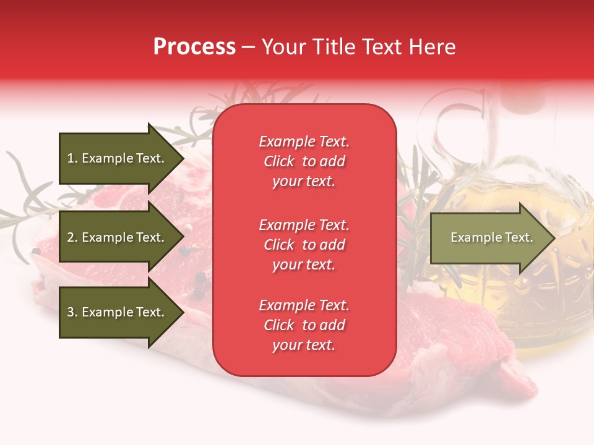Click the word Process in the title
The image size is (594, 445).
(x=194, y=47)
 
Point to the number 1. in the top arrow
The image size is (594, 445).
(x=72, y=158)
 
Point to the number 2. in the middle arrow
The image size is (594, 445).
(x=72, y=237)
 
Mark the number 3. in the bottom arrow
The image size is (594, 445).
(x=72, y=312)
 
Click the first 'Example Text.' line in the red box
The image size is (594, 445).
(x=304, y=142)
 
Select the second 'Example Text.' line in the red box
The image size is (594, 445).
(x=304, y=225)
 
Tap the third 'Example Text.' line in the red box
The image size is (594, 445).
(x=304, y=305)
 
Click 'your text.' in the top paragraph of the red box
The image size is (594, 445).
(x=304, y=182)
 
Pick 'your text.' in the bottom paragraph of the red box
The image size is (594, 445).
(x=304, y=345)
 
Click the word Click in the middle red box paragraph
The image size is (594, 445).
(x=279, y=245)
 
